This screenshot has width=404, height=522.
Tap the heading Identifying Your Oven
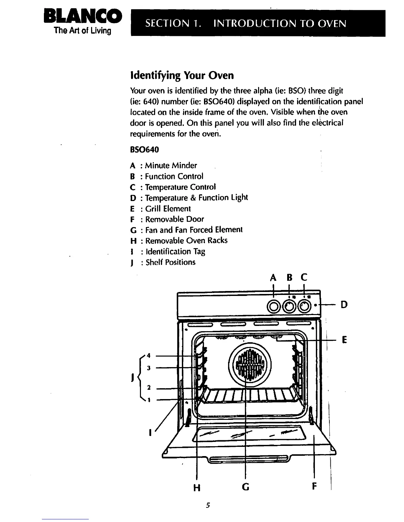[182, 75]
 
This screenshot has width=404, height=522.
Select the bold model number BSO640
[145, 150]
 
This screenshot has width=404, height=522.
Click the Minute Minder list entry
[164, 165]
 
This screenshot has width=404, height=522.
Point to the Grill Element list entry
[160, 209]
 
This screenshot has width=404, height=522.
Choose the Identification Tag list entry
[168, 251]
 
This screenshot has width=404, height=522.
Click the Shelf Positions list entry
[163, 262]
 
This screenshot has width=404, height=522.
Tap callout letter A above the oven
[273, 278]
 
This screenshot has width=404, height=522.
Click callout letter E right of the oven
[344, 339]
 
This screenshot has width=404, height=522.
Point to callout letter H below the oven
[197, 487]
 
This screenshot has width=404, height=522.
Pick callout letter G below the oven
[245, 487]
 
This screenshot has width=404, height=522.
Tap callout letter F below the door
[314, 486]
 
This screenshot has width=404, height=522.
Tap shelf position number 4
[149, 356]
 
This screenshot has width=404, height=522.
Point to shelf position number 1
[149, 400]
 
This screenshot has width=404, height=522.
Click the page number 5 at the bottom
[208, 506]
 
